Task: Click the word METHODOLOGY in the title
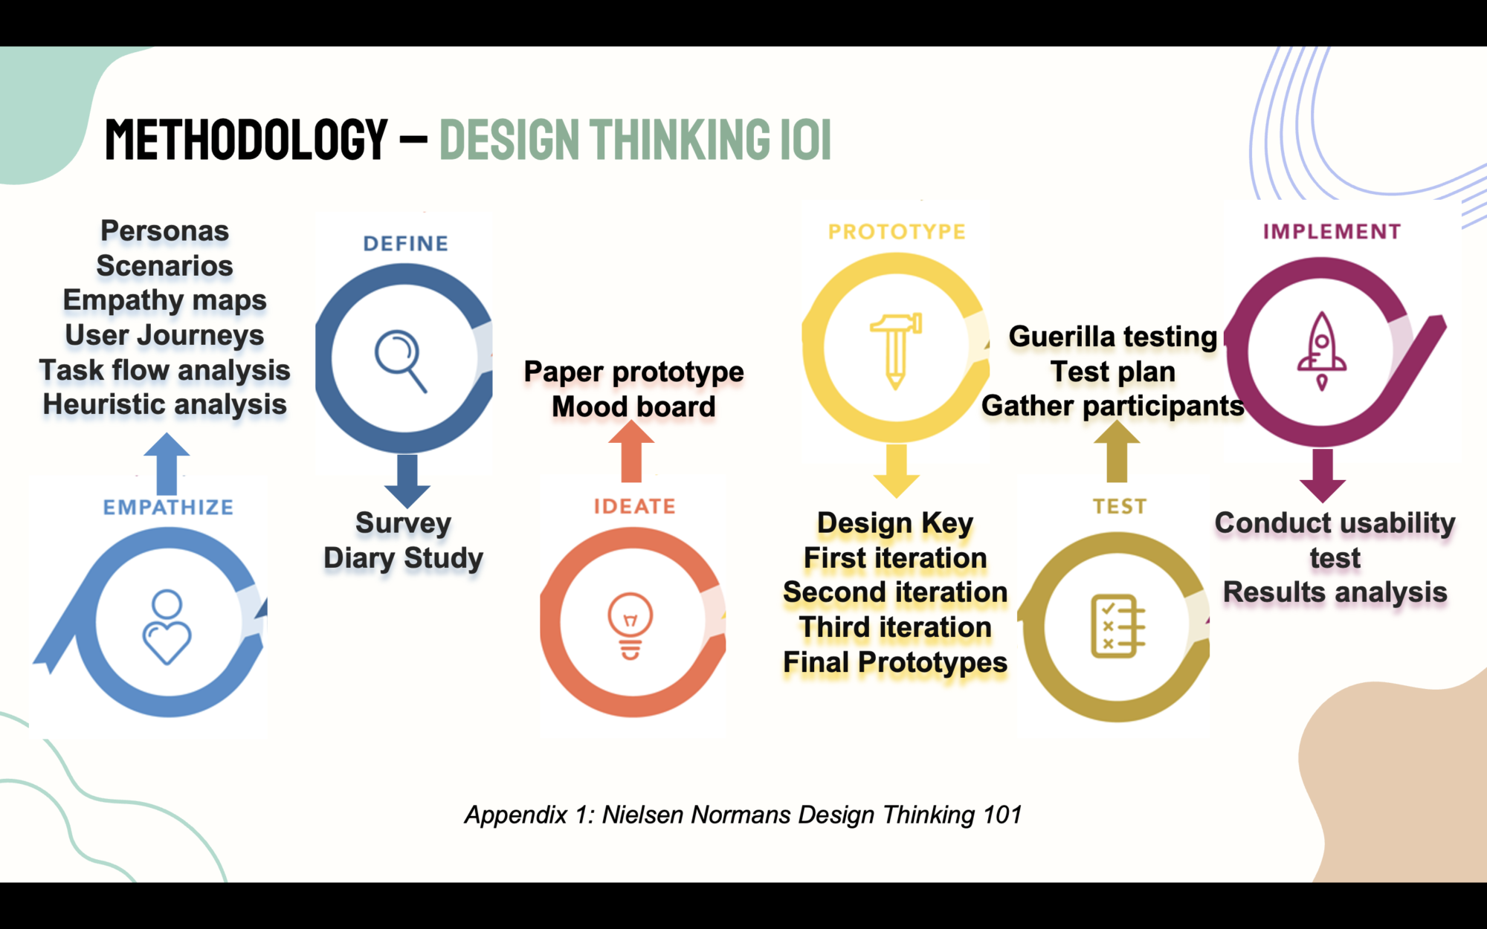point(246,139)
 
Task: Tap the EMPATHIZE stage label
point(168,507)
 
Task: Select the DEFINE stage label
point(406,244)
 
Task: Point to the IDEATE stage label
point(634,506)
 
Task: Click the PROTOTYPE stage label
point(897,232)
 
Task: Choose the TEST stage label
point(1120,506)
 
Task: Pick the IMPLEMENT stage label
point(1332,232)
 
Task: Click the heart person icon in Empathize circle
point(167,627)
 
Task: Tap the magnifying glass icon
point(401,360)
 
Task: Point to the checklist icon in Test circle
point(1118,626)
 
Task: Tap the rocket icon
point(1322,351)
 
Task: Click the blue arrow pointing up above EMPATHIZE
point(167,464)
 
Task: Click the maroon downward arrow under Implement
point(1323,476)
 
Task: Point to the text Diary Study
point(404,558)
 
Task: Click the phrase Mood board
point(634,407)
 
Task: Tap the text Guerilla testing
point(1113,337)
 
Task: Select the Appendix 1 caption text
point(743,815)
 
